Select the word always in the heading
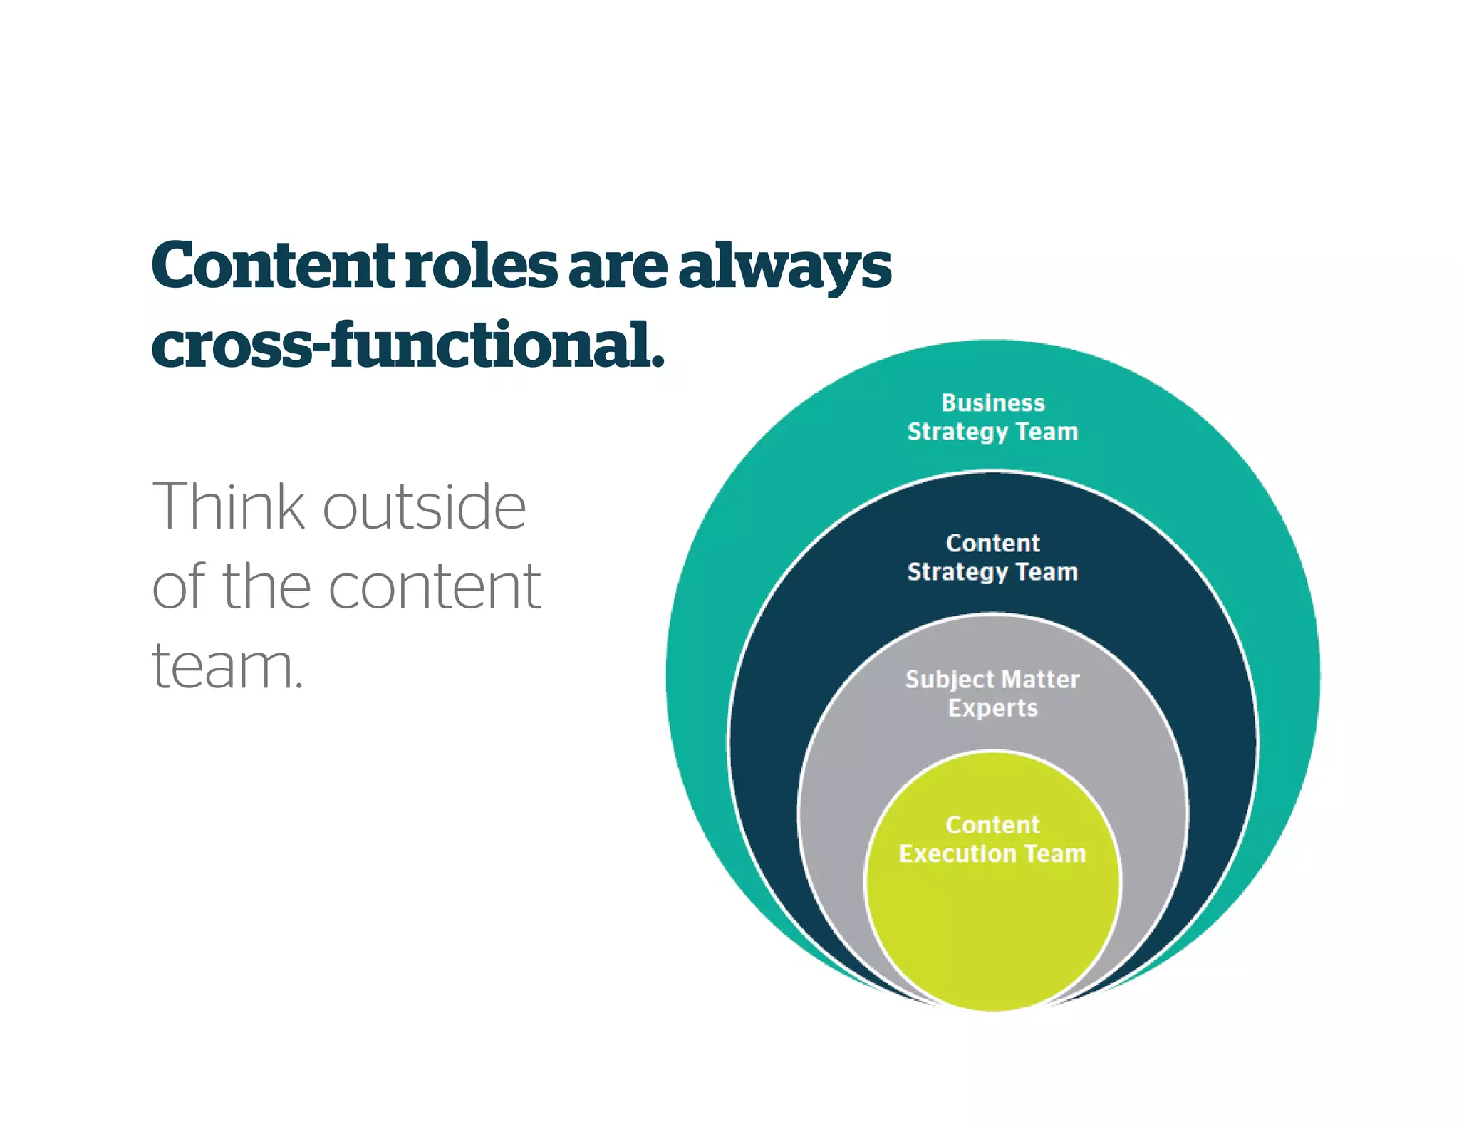click(784, 267)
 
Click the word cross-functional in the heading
click(407, 346)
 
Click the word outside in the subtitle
click(425, 507)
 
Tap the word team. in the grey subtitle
click(227, 667)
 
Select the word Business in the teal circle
click(992, 403)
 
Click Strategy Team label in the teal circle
click(992, 432)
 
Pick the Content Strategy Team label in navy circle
click(992, 558)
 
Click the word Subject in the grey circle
click(949, 680)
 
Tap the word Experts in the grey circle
click(992, 708)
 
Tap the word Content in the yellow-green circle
click(992, 825)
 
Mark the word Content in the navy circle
click(992, 544)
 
